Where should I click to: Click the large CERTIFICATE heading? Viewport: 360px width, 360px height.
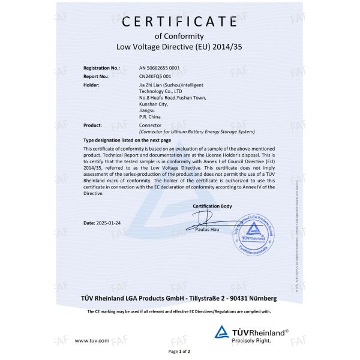(x=179, y=22)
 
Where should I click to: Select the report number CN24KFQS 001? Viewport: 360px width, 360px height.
(x=155, y=77)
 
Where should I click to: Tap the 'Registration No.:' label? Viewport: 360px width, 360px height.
(x=102, y=68)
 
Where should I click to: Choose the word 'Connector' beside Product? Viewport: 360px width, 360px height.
(x=149, y=126)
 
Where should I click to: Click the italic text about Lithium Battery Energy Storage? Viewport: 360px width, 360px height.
(x=197, y=131)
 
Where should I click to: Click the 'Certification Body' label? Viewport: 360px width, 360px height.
(x=212, y=206)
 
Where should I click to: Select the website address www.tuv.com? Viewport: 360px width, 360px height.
(x=92, y=340)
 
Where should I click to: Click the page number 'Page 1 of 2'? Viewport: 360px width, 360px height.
(x=179, y=351)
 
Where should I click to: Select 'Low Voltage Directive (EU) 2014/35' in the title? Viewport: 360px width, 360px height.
(x=179, y=46)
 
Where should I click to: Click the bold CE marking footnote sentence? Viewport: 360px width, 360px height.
(x=179, y=311)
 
